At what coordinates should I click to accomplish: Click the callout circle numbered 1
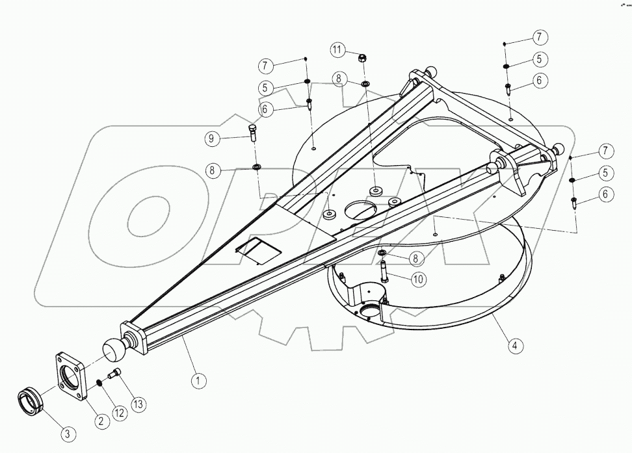point(199,381)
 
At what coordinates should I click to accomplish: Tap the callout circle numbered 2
point(101,421)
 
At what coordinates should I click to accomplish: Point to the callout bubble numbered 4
point(514,346)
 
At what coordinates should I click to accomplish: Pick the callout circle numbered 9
point(211,138)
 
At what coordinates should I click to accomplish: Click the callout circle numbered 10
point(417,279)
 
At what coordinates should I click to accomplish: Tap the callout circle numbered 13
point(138,404)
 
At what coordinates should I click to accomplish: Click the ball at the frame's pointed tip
point(114,350)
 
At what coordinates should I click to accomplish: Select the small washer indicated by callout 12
point(101,382)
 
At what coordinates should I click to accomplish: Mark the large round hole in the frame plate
point(360,210)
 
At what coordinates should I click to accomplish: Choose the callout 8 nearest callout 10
point(415,258)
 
